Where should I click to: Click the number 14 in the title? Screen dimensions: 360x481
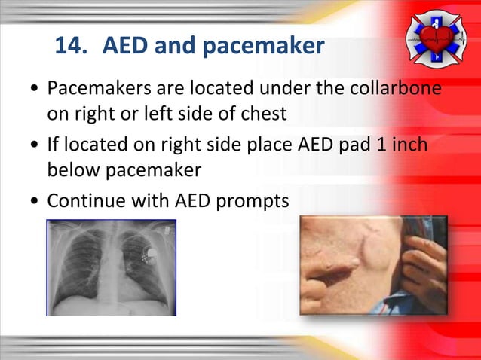coord(69,47)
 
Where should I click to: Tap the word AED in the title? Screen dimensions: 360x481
coord(124,47)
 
